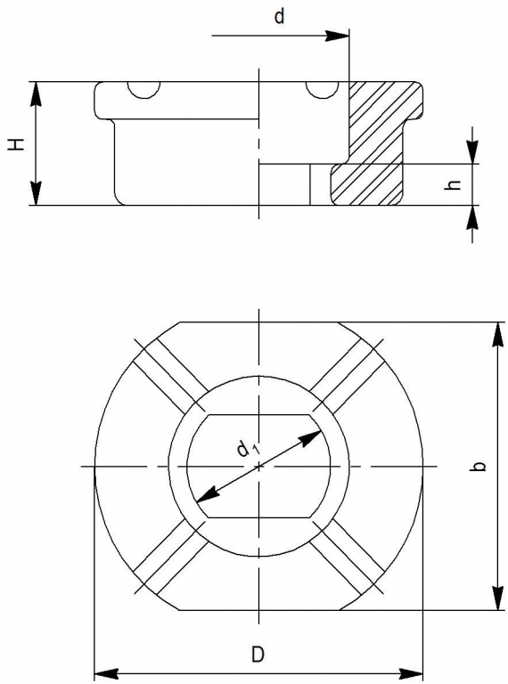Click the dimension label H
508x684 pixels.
pos(18,143)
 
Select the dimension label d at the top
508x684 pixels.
pos(279,17)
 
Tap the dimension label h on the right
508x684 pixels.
pos(455,185)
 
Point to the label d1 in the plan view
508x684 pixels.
pos(248,449)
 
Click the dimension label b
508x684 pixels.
pos(479,466)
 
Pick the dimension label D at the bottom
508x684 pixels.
pos(258,655)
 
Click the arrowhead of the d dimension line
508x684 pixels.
pos(337,36)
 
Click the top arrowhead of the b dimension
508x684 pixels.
pos(498,335)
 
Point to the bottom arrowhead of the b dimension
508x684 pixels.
pos(498,598)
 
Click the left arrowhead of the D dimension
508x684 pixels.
pos(107,674)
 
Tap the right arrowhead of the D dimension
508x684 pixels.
pos(410,674)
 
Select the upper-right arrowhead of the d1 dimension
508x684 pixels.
pos(311,437)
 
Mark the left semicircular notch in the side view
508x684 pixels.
pos(143,89)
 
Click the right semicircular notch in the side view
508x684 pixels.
pos(323,89)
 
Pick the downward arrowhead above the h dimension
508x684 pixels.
pos(472,151)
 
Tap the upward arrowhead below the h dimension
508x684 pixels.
pos(472,217)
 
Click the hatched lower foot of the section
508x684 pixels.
pos(365,184)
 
